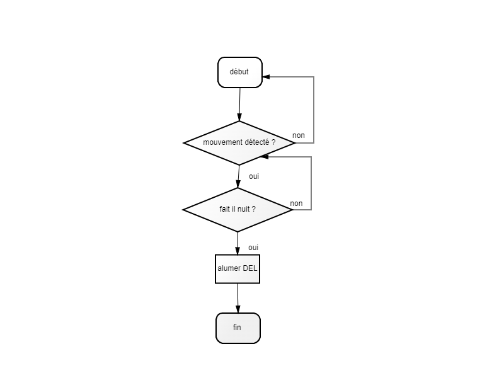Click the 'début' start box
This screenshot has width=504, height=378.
(240, 72)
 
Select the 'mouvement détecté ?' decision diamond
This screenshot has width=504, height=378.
(239, 143)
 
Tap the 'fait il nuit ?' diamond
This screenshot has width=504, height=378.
(238, 210)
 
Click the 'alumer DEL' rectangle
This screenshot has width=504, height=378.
(238, 269)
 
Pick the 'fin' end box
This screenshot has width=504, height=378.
(238, 328)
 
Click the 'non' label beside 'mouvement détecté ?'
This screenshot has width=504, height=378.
(299, 135)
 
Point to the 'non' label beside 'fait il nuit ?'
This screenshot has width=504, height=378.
(296, 203)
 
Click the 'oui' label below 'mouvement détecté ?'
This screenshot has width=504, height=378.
(254, 176)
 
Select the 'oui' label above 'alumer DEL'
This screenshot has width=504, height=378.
(253, 248)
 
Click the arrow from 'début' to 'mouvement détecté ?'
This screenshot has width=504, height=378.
(239, 105)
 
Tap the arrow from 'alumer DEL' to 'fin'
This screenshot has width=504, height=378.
(238, 298)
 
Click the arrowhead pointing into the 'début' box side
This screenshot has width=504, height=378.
(266, 77)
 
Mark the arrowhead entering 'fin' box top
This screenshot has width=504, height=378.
(238, 309)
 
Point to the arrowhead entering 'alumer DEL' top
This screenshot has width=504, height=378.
(238, 251)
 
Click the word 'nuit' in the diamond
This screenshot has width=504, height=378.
(243, 209)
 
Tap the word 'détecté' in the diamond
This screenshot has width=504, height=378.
(255, 142)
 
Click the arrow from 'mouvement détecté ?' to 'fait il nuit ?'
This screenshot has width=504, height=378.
(239, 176)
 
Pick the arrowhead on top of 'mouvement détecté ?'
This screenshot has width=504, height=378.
(239, 117)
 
